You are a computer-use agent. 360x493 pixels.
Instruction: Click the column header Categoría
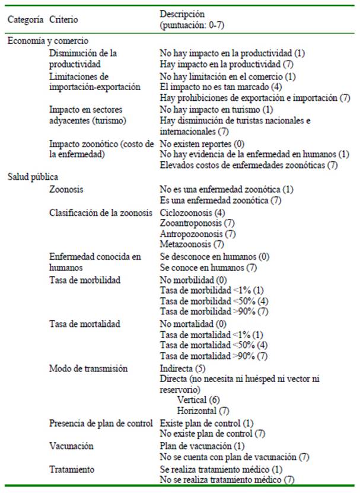(26, 20)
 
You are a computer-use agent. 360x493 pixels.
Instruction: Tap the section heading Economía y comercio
(47, 42)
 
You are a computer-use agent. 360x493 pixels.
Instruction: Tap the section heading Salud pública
(33, 177)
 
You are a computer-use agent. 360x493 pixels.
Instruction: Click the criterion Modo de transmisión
(88, 368)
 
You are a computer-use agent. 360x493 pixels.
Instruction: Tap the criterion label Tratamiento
(72, 469)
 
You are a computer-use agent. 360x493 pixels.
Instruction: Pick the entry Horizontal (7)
(203, 411)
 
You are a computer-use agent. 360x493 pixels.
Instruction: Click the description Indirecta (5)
(186, 368)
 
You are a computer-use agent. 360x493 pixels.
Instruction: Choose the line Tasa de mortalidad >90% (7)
(214, 357)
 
